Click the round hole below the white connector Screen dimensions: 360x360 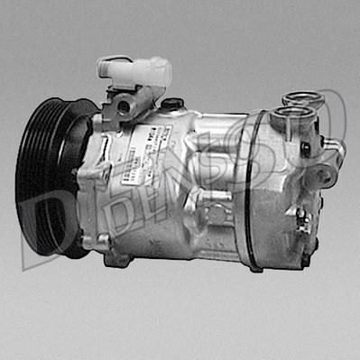124,107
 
